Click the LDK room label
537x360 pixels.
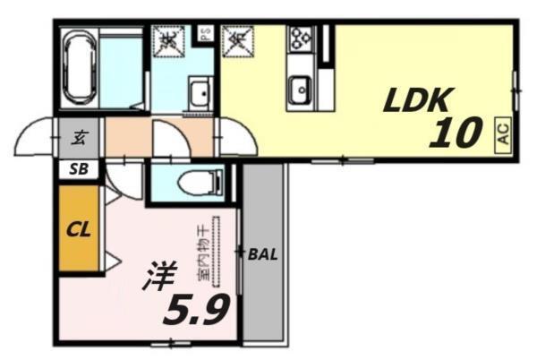tap(421, 100)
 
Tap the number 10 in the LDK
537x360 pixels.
tap(456, 133)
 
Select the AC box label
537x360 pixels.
tap(503, 134)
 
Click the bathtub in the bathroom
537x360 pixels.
tap(79, 66)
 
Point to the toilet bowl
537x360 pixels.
tap(194, 184)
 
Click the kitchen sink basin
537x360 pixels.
tap(299, 90)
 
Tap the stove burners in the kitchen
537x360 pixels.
tap(297, 41)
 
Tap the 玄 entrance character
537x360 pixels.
tap(80, 138)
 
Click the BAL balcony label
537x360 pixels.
tap(263, 253)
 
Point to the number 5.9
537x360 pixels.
tap(197, 309)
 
